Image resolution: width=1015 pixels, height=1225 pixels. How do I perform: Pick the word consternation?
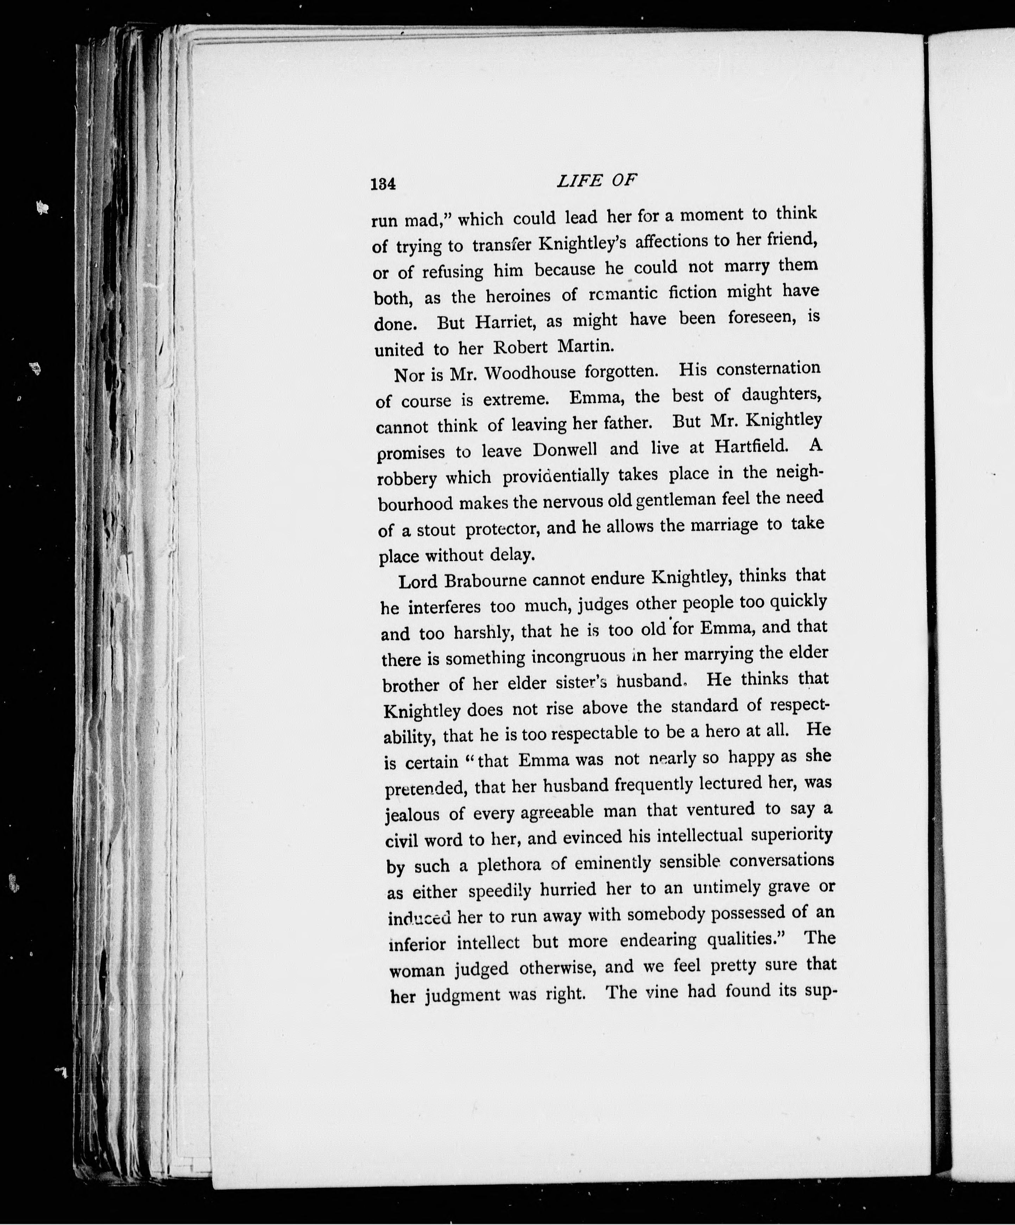point(768,369)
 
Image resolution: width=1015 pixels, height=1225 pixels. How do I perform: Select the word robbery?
point(406,478)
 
